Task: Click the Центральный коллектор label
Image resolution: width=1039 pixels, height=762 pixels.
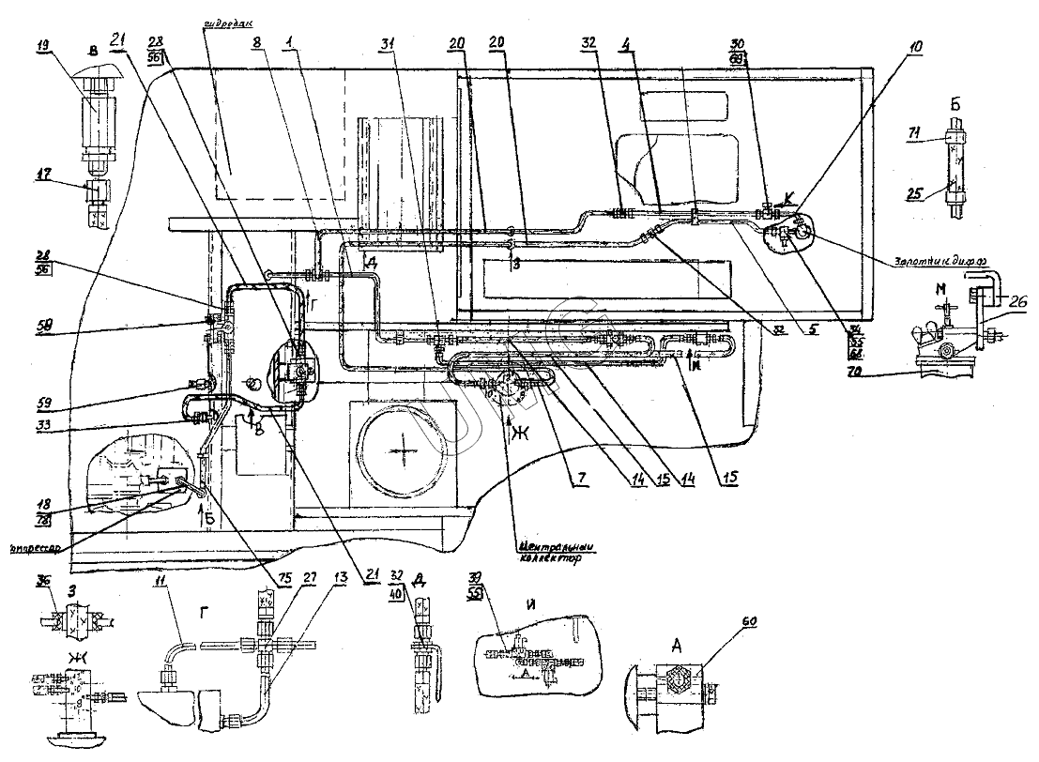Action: click(x=548, y=554)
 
